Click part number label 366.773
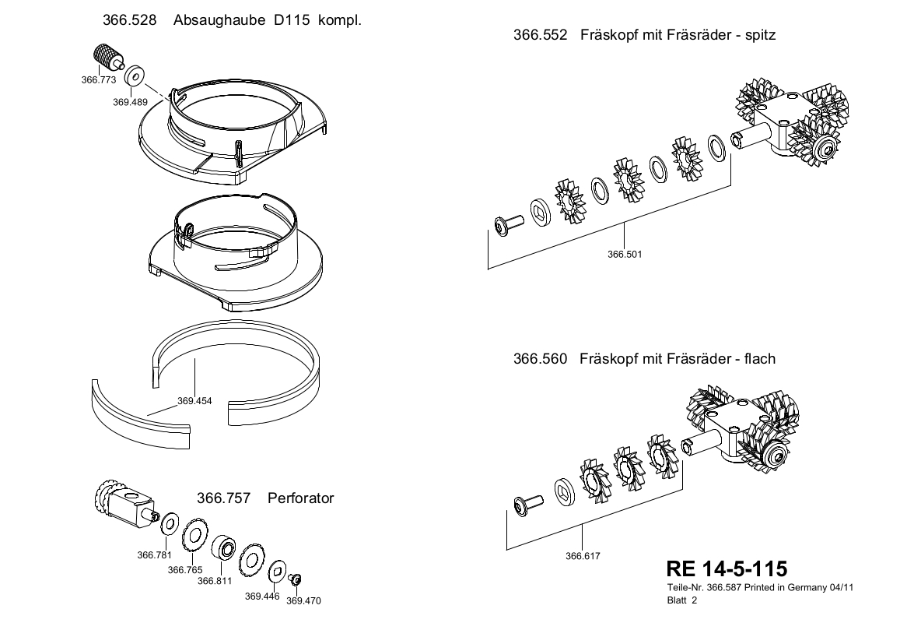98,79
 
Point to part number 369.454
195,401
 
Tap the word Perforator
300,498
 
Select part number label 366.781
154,555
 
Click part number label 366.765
184,570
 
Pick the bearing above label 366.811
226,547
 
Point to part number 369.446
262,596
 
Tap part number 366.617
583,556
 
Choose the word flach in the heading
759,359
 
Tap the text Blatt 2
682,600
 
